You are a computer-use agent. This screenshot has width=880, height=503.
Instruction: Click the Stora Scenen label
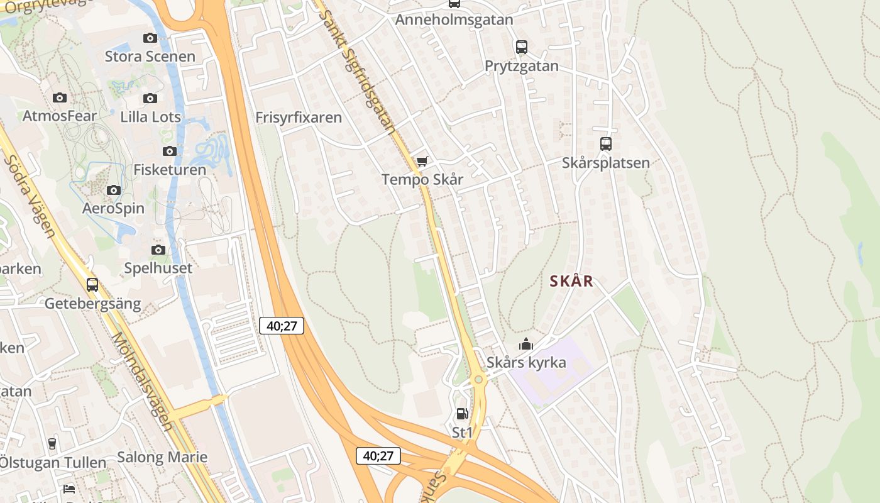click(150, 57)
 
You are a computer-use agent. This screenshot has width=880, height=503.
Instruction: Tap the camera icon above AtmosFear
click(60, 97)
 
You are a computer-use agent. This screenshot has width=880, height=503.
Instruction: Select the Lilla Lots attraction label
click(150, 117)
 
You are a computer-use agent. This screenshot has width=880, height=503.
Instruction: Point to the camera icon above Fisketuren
click(169, 151)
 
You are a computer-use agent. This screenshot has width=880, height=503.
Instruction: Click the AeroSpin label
click(113, 208)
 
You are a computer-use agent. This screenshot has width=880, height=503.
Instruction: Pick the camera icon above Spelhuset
click(158, 250)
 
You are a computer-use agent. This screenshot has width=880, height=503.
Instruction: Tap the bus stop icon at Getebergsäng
click(92, 285)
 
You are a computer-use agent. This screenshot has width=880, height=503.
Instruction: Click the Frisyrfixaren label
click(299, 118)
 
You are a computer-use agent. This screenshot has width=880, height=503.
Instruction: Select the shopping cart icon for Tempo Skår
click(422, 162)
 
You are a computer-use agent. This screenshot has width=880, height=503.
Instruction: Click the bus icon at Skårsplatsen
click(605, 144)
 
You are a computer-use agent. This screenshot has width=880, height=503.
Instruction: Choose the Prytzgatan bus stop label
click(521, 66)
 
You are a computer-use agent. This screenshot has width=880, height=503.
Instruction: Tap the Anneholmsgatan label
click(454, 19)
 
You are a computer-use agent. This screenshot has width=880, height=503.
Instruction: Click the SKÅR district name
click(571, 281)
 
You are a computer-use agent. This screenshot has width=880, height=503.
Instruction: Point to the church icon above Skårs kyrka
click(525, 344)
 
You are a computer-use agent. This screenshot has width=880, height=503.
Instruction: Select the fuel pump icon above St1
click(462, 414)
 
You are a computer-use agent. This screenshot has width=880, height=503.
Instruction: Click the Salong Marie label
click(162, 457)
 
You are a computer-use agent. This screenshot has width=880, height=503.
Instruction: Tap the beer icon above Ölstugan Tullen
click(52, 444)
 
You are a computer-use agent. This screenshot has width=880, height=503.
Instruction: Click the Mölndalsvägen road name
click(142, 381)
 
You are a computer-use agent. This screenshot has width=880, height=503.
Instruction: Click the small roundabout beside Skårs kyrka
click(478, 379)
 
